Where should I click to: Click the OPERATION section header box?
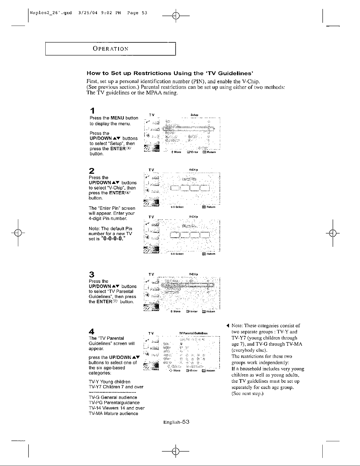click(x=110, y=49)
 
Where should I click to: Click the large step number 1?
click(x=92, y=111)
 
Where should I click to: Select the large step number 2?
click(x=92, y=171)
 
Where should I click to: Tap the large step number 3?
click(x=92, y=274)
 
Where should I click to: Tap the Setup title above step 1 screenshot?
click(x=194, y=114)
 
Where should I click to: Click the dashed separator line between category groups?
click(x=112, y=392)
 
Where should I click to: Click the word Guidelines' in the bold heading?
click(x=233, y=73)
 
